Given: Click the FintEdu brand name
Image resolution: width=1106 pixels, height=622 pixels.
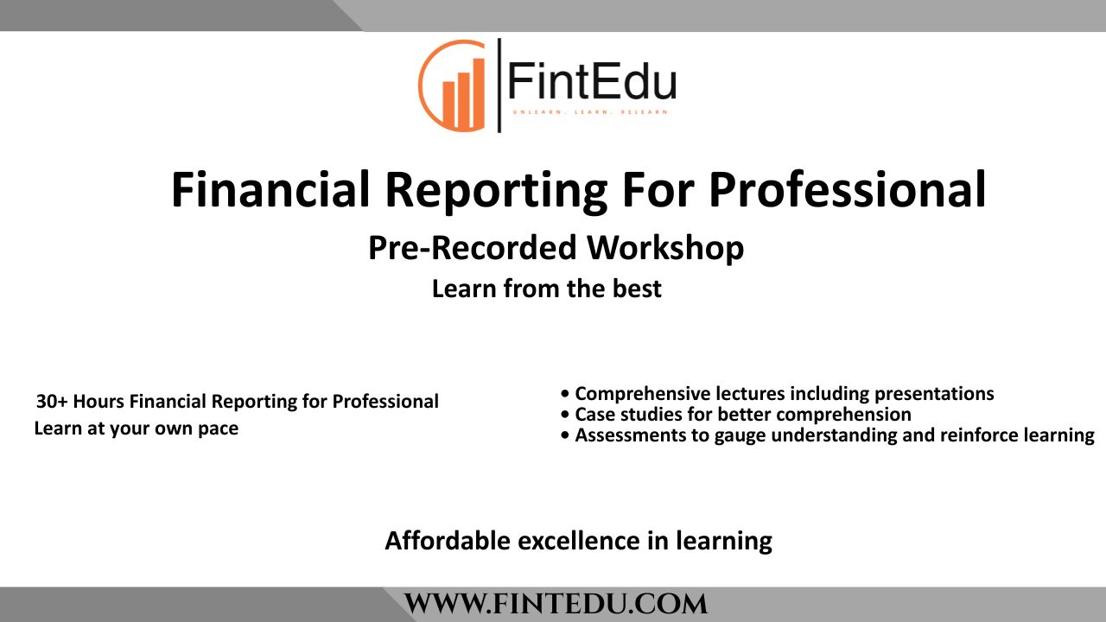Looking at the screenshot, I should click(591, 83).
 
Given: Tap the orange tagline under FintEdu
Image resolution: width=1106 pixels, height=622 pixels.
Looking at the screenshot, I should click(590, 113).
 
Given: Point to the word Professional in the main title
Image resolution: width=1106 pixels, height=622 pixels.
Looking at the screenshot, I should click(847, 190).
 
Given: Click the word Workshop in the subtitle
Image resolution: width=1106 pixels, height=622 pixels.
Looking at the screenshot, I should click(664, 249).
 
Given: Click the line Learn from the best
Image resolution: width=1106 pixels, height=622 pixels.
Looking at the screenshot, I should click(546, 289).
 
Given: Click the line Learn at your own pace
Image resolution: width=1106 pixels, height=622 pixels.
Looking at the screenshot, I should click(136, 428).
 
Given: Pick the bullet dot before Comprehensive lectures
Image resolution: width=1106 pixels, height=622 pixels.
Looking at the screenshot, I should click(565, 395).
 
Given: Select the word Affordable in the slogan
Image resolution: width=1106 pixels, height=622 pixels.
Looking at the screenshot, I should click(448, 542).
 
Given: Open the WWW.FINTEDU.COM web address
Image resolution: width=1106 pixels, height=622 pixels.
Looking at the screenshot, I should click(556, 604).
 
